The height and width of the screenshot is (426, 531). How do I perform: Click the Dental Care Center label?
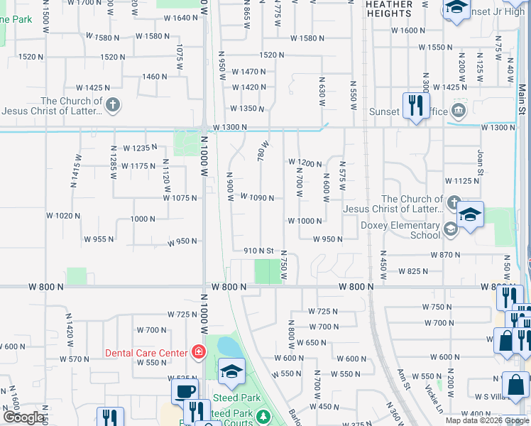point(146,352)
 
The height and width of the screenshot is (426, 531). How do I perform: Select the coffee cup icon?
point(185,390)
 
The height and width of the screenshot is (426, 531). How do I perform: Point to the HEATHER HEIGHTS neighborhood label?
point(388,9)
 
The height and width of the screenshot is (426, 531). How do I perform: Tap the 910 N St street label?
point(258,251)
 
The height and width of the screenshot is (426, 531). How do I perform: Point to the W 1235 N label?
point(138,148)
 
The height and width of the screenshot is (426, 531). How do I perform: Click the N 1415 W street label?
point(75,170)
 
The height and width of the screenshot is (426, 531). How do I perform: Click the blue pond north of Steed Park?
point(229,347)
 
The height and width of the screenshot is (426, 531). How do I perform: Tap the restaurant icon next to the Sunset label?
point(413,105)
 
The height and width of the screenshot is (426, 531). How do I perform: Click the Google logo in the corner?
point(23,417)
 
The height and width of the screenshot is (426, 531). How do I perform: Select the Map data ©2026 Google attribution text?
point(486,420)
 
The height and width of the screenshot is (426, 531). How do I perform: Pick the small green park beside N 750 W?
point(267,271)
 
